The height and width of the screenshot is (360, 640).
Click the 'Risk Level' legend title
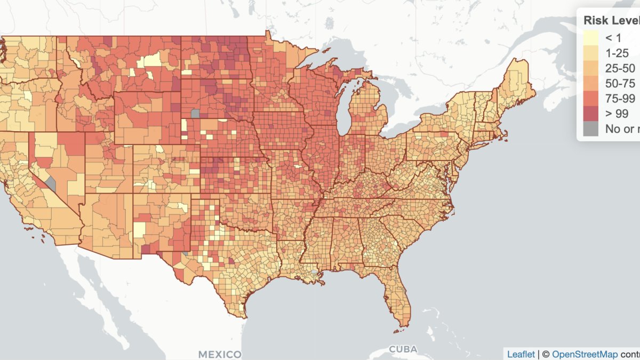tap(611, 21)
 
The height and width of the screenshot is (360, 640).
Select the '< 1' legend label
tap(613, 38)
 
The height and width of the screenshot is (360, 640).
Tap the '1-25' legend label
tap(617, 53)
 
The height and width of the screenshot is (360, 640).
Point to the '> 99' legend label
tap(617, 114)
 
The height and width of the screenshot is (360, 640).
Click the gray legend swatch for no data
tap(590, 129)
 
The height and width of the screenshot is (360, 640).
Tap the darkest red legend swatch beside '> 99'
tap(590, 114)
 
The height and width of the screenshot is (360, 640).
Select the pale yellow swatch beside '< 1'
tap(590, 38)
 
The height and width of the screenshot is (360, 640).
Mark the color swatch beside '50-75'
tap(590, 83)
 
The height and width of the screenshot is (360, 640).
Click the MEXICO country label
tap(219, 354)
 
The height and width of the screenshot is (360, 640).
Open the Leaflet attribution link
tap(521, 354)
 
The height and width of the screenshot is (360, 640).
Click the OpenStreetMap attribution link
tap(585, 354)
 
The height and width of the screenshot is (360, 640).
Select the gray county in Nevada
tap(51, 184)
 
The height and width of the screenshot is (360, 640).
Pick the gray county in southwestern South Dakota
tap(195, 113)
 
